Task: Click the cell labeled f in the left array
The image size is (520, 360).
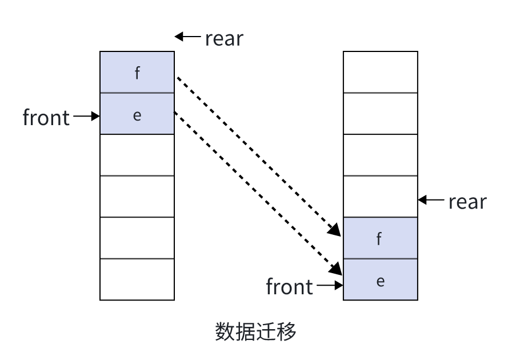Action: point(137,73)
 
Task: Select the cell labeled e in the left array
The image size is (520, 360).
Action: point(137,114)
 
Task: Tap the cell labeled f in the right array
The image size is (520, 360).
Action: point(380,238)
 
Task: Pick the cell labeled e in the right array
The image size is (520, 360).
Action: point(380,279)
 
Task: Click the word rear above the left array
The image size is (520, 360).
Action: point(223,38)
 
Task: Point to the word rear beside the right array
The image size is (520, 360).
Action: point(467,201)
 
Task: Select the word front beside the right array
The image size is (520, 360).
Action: point(290,286)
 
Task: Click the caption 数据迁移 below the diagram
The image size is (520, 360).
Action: point(256,331)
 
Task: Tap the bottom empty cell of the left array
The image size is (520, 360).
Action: point(137,279)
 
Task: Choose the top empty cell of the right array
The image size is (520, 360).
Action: point(380,72)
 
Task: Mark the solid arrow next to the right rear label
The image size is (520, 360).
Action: point(431,200)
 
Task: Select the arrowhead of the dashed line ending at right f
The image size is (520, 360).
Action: point(335,231)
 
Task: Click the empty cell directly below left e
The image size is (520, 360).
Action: point(137,155)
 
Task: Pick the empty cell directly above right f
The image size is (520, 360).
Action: point(380,197)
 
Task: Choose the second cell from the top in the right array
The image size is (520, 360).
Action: point(380,114)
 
